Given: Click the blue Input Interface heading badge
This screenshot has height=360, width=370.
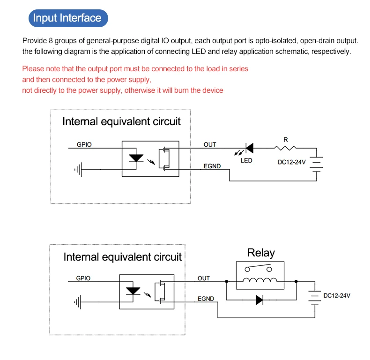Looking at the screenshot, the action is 68,18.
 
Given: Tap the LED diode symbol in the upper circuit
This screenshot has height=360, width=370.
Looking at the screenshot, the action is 250,148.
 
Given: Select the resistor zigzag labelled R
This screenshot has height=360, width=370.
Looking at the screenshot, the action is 285,148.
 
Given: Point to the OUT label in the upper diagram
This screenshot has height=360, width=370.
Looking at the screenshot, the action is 210,144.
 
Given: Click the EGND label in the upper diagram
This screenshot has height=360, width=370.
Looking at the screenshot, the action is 212,166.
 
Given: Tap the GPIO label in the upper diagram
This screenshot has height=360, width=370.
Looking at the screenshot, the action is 84,144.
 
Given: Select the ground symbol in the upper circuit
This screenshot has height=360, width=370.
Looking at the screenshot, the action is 78,169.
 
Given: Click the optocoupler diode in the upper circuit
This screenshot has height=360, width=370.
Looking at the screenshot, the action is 136,158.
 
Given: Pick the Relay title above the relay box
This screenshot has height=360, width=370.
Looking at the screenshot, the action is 261,253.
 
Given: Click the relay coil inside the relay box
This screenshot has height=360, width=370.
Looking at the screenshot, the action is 260,280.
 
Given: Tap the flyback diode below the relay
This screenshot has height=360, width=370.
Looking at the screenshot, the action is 259,300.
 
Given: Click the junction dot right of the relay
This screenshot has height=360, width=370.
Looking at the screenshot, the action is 296,281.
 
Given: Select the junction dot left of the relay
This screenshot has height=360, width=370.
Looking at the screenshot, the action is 227,281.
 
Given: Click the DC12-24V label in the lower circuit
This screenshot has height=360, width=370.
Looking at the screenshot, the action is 337,295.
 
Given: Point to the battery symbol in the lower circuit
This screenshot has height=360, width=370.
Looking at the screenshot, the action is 315,296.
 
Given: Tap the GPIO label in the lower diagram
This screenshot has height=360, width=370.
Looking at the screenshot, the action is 83,278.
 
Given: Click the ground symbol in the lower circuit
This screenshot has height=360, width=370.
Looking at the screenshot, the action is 78,302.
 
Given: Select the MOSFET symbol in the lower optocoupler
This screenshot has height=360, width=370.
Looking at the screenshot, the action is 160,292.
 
